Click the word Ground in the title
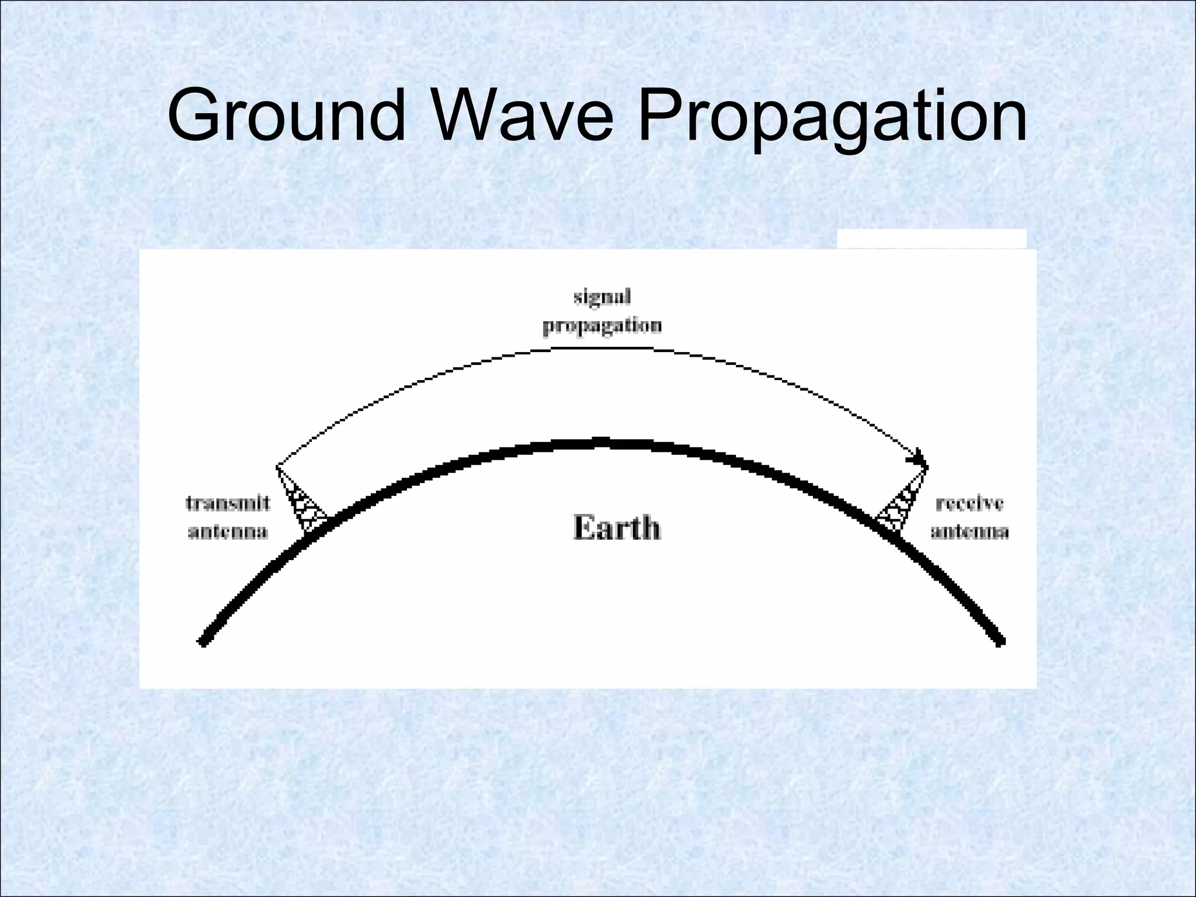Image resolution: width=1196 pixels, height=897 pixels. [286, 115]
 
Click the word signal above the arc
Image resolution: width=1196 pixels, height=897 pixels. [602, 297]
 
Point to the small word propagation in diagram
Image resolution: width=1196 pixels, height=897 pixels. [602, 326]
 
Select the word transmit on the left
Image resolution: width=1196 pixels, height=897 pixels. [228, 503]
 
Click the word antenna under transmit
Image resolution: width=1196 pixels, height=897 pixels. [228, 531]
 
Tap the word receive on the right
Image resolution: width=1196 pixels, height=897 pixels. [969, 503]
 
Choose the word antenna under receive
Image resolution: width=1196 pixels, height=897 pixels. [969, 531]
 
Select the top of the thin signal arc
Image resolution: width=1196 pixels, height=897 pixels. [602, 348]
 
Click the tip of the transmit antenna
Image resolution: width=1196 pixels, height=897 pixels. [277, 467]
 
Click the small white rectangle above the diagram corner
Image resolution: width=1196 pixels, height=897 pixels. [931, 238]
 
